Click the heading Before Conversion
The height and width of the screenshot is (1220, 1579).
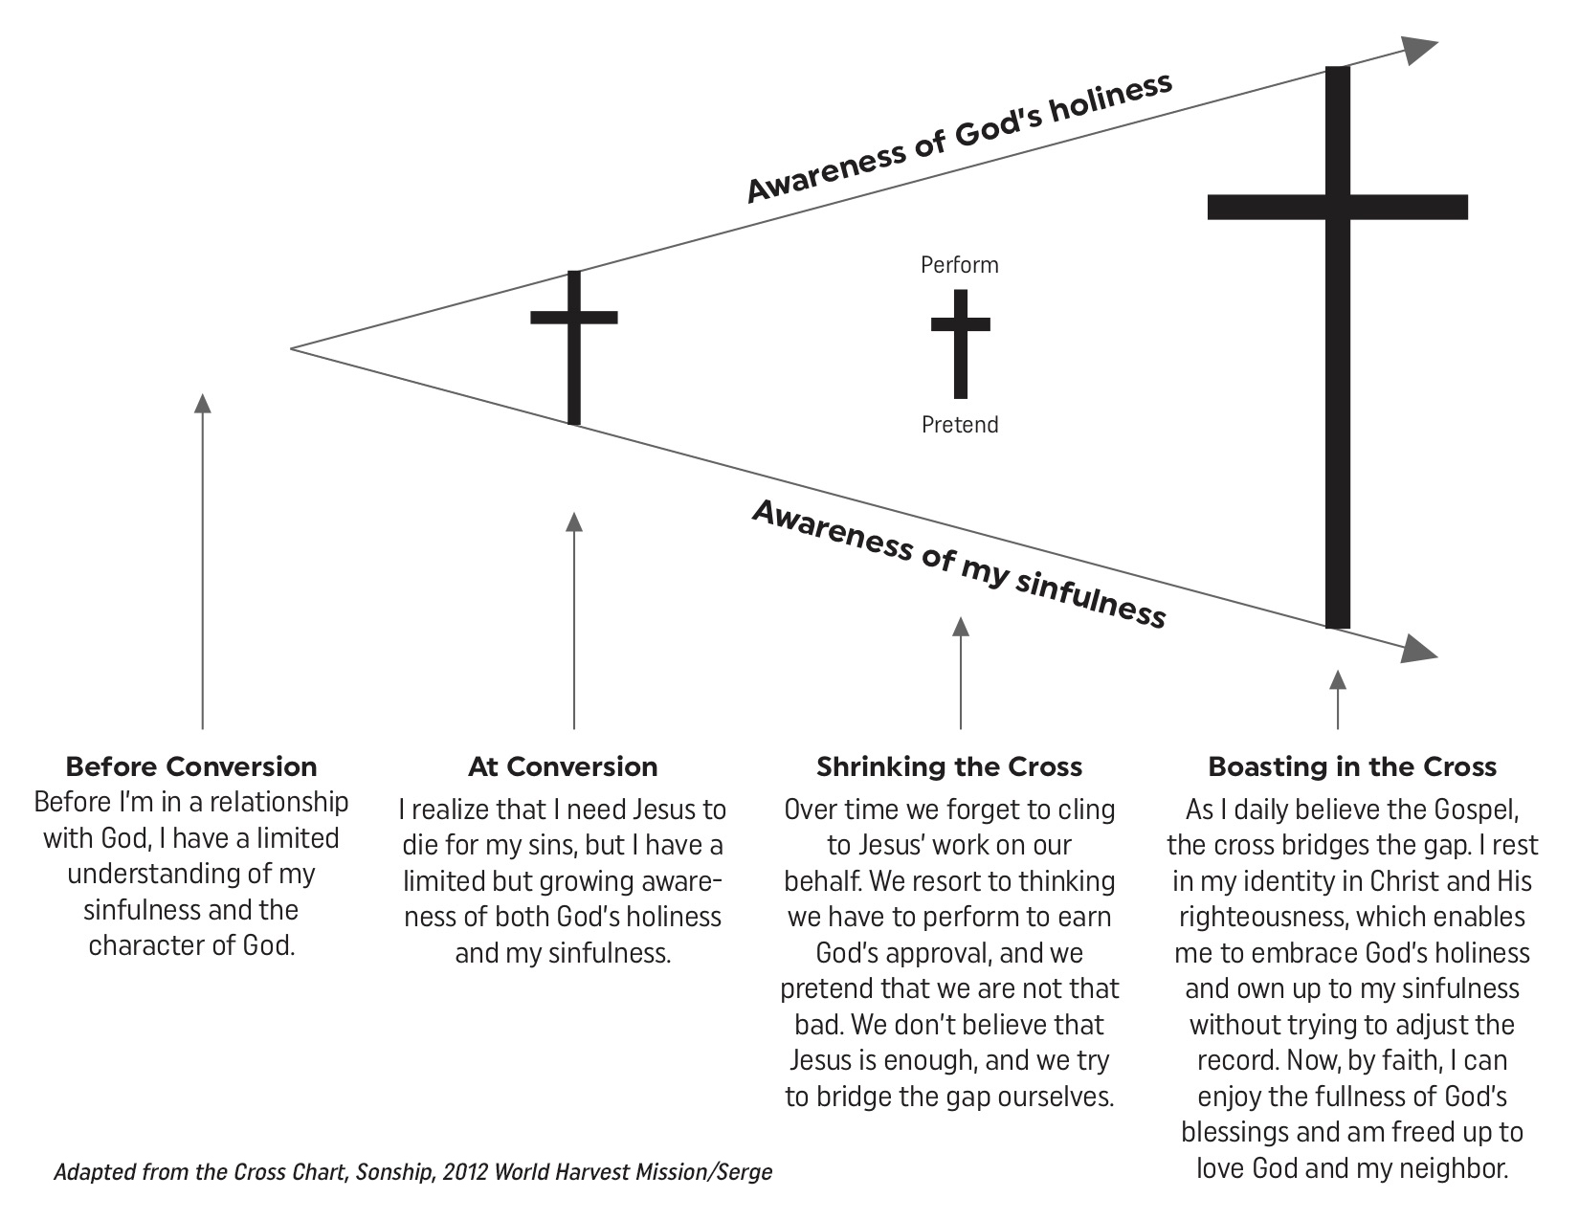click(191, 766)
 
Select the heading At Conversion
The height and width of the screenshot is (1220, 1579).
click(563, 766)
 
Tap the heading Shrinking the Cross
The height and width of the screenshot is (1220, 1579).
click(949, 766)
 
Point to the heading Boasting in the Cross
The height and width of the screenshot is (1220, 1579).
click(1352, 766)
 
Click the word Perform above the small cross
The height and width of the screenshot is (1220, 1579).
click(959, 265)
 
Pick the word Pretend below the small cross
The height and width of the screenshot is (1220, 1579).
click(960, 424)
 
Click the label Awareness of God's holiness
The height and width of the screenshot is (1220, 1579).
click(959, 138)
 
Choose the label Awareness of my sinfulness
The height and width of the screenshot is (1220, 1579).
click(959, 564)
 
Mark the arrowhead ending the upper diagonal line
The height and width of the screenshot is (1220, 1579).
click(1420, 50)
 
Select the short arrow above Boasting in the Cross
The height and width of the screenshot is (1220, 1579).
click(1338, 699)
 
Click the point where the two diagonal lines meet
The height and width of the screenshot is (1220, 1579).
click(293, 348)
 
